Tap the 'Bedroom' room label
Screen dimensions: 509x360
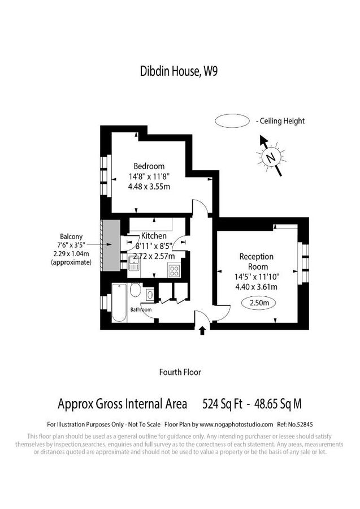pyautogui.click(x=149, y=166)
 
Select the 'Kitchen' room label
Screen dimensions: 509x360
pyautogui.click(x=154, y=236)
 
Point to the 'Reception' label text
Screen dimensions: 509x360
pyautogui.click(x=256, y=256)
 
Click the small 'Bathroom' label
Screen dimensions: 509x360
pyautogui.click(x=141, y=310)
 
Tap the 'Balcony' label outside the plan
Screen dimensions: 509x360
pyautogui.click(x=72, y=236)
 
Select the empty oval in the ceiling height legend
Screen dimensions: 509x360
pyautogui.click(x=232, y=120)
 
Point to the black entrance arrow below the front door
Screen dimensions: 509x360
pyautogui.click(x=202, y=330)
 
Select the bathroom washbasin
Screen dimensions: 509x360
pyautogui.click(x=150, y=295)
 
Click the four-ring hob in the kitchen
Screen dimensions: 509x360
pyautogui.click(x=174, y=270)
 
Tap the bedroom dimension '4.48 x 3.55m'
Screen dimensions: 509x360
pyautogui.click(x=149, y=186)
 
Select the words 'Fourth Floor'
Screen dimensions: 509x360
pyautogui.click(x=180, y=372)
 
